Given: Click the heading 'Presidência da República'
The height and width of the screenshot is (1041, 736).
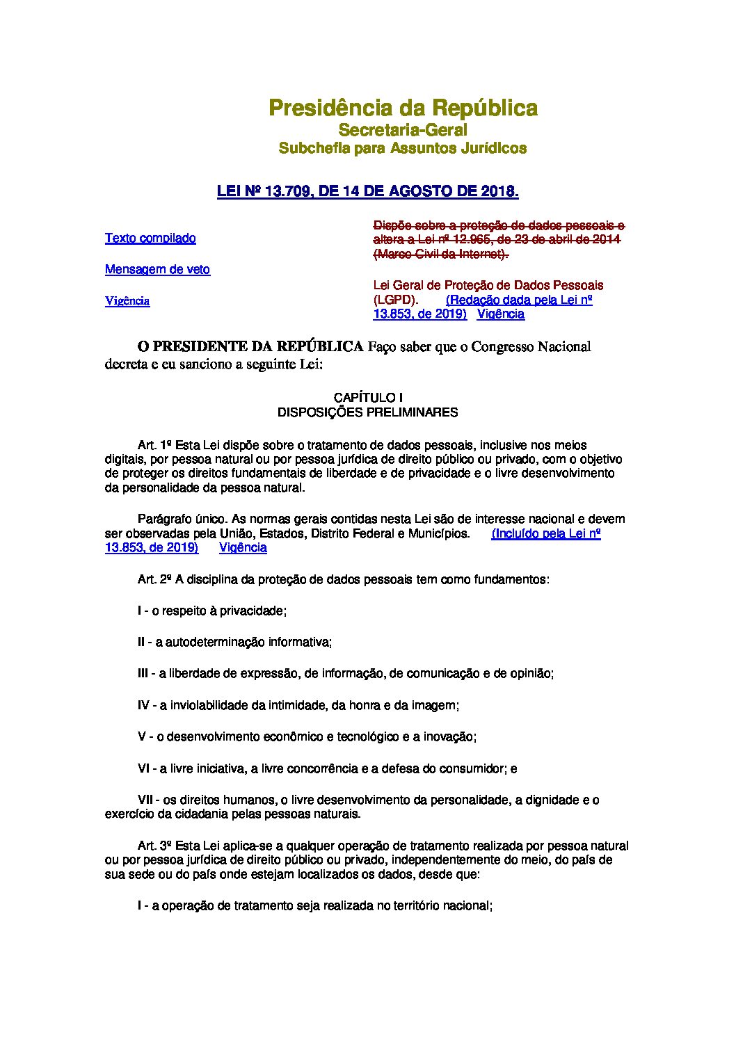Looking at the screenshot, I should pyautogui.click(x=403, y=108).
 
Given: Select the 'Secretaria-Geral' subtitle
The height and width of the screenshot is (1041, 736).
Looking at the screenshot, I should pyautogui.click(x=403, y=130).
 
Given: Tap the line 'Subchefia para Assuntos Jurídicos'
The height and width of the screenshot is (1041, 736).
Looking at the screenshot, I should pyautogui.click(x=403, y=148).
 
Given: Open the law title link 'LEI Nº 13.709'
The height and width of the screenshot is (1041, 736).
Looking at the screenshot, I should pyautogui.click(x=368, y=191).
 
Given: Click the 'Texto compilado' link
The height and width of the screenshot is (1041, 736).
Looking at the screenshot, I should pyautogui.click(x=150, y=239).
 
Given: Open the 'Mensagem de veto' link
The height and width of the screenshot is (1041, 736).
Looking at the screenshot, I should pyautogui.click(x=157, y=270).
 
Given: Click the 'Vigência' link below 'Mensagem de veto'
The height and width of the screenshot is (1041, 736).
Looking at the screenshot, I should pyautogui.click(x=127, y=301).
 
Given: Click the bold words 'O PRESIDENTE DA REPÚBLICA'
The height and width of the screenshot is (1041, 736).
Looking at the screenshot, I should pyautogui.click(x=250, y=346).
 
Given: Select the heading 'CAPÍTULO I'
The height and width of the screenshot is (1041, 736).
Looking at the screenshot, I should pyautogui.click(x=368, y=398).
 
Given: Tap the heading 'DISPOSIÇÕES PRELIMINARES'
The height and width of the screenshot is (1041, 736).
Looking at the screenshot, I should pyautogui.click(x=368, y=412).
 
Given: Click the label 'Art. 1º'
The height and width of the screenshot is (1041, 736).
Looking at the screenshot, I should pyautogui.click(x=154, y=445).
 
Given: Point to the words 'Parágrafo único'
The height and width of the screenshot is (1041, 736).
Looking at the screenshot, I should pyautogui.click(x=180, y=519).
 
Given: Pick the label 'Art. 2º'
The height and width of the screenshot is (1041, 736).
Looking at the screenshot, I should pyautogui.click(x=154, y=579).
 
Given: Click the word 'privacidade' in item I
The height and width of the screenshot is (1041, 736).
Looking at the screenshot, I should pyautogui.click(x=252, y=611).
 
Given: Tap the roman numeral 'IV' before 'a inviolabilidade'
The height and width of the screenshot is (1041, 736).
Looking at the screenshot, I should pyautogui.click(x=144, y=705).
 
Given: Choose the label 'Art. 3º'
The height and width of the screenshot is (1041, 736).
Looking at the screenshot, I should pyautogui.click(x=154, y=846).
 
